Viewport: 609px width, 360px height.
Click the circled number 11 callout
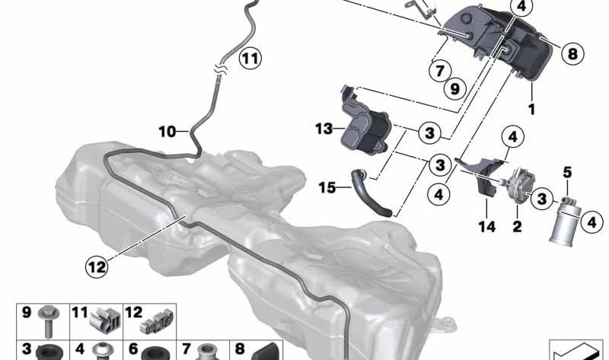coord(250,59)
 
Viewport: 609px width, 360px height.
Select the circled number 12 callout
coord(97,267)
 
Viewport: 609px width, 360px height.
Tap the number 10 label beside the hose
coord(167,132)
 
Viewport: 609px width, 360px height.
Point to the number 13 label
coord(324,129)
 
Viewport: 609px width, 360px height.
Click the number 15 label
coord(327,188)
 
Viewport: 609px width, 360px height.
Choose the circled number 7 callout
coord(440,71)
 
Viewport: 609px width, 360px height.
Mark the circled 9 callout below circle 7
coord(454,88)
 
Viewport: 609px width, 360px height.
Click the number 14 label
coord(487,226)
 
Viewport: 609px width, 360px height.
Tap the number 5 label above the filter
coord(567,172)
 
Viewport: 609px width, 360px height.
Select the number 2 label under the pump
coord(518,226)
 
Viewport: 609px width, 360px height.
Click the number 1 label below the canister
coord(531,109)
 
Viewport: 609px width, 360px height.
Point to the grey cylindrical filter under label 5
coord(565,223)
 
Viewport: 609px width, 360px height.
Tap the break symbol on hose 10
coord(219,70)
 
